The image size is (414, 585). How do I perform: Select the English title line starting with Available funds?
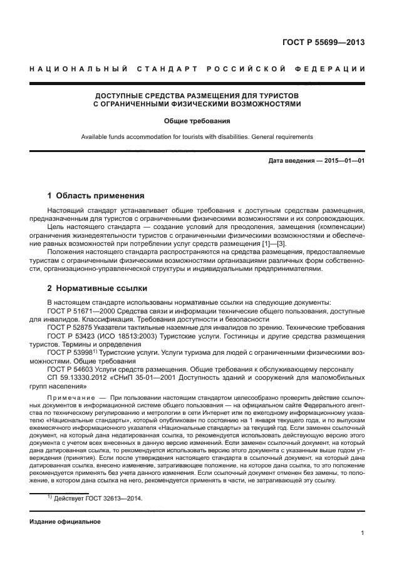197,137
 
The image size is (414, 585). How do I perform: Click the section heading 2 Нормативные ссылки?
98,288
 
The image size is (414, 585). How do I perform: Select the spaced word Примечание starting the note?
71,398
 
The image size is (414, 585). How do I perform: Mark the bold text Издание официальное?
65,521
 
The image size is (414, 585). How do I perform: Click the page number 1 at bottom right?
363,533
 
